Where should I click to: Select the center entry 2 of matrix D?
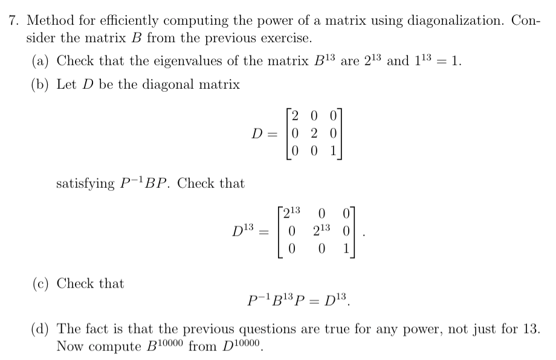[314, 132]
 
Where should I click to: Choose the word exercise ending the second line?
[289, 39]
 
